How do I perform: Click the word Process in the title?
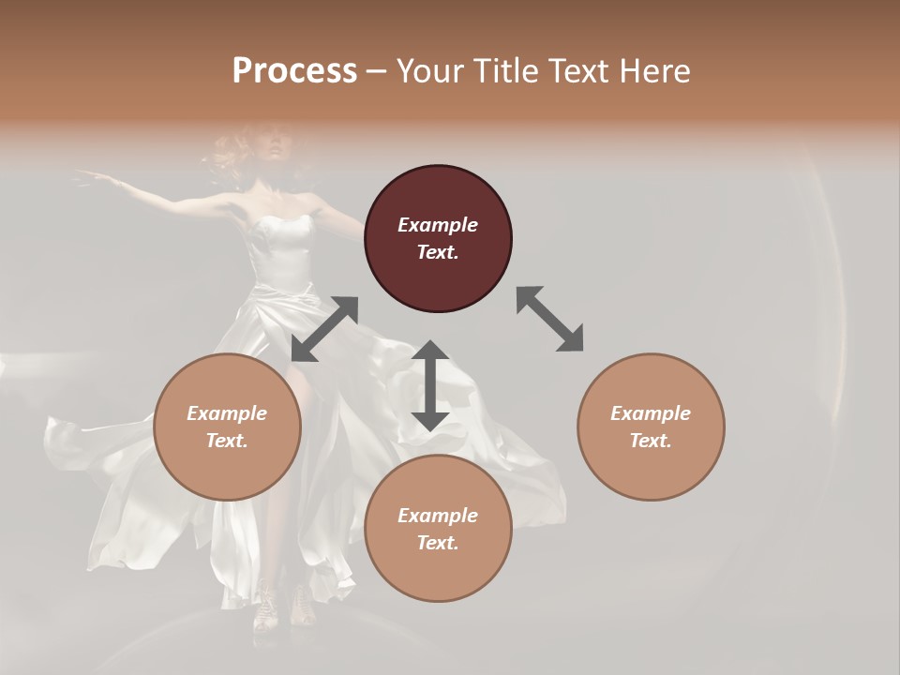[x=294, y=71]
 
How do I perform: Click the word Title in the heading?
[x=501, y=71]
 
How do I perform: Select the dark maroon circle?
[x=438, y=238]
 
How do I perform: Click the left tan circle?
[x=227, y=427]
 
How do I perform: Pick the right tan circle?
[x=651, y=427]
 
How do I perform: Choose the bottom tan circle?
[x=438, y=529]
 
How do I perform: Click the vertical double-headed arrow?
[x=429, y=386]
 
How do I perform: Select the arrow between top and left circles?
[x=324, y=329]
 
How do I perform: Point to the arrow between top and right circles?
[x=549, y=319]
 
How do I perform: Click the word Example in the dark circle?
[x=438, y=225]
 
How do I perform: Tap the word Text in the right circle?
[x=651, y=441]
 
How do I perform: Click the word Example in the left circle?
[x=227, y=413]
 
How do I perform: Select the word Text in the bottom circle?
[x=438, y=543]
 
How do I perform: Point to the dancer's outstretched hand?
[x=87, y=174]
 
